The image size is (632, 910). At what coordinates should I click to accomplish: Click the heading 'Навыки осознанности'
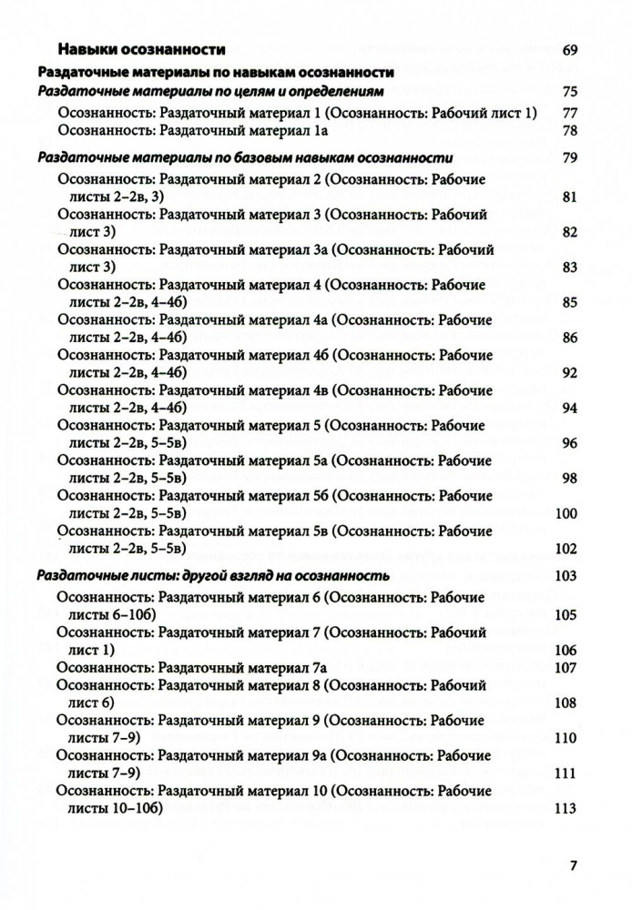(140, 49)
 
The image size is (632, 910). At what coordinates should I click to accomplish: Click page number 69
(571, 49)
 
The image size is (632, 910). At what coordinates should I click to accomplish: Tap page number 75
(571, 92)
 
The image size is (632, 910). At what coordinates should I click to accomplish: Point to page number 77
(571, 113)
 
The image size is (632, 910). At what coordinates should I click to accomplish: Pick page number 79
(571, 160)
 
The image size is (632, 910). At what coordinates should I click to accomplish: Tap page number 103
(566, 575)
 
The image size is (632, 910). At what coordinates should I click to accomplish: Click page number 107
(566, 667)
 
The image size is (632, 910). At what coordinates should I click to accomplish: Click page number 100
(566, 513)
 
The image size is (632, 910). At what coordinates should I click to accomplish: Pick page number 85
(571, 301)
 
